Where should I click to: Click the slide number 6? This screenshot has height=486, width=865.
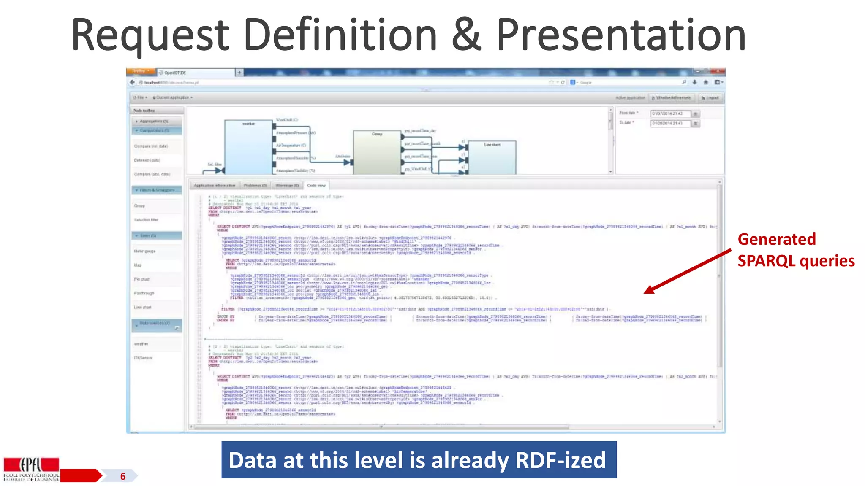pos(123,476)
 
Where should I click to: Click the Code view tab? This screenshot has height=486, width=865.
pos(316,186)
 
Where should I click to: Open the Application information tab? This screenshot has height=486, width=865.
pos(215,186)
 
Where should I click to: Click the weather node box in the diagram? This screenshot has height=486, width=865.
pos(248,146)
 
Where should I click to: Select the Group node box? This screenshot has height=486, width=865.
pos(377,152)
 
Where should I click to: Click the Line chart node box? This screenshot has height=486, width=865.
pos(492,157)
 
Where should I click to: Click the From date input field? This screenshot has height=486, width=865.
pos(670,113)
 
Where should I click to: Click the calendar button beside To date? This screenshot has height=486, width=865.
pos(696,124)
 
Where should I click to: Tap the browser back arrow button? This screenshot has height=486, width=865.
pos(133,82)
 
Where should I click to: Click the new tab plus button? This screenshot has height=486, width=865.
pos(239,73)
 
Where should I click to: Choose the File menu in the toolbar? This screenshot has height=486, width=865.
pos(140,97)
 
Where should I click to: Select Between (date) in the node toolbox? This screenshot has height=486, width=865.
pos(147,160)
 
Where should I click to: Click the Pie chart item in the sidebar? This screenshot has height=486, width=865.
pos(142,279)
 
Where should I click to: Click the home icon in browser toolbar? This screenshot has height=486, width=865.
pos(705,82)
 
